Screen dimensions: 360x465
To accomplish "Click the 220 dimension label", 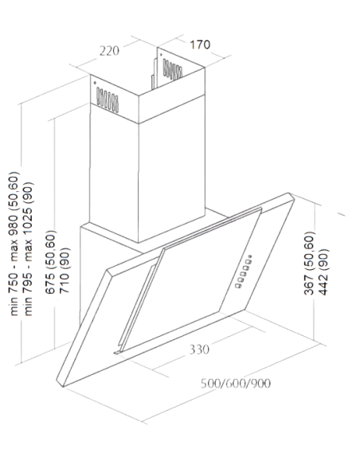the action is click(x=109, y=51).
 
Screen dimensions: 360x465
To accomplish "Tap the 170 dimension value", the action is click(x=200, y=45).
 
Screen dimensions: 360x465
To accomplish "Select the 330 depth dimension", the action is click(x=199, y=350).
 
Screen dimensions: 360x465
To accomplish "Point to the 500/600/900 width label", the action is click(x=236, y=384).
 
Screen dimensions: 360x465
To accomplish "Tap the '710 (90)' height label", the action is click(x=65, y=270).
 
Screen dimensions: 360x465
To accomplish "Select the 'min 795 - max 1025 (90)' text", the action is click(x=29, y=248).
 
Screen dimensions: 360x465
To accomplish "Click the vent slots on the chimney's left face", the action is click(x=108, y=100).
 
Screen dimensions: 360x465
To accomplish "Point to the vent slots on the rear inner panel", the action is click(x=172, y=70).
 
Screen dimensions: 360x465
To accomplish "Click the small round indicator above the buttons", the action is click(x=251, y=256).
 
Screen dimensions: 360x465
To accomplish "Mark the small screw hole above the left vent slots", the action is click(x=95, y=83).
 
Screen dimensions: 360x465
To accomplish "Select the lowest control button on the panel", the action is click(x=238, y=286).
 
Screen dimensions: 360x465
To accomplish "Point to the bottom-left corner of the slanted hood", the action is click(x=63, y=386).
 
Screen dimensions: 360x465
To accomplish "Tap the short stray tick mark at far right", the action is click(x=342, y=214).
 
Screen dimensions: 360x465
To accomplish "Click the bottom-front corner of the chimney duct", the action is click(x=139, y=243).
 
